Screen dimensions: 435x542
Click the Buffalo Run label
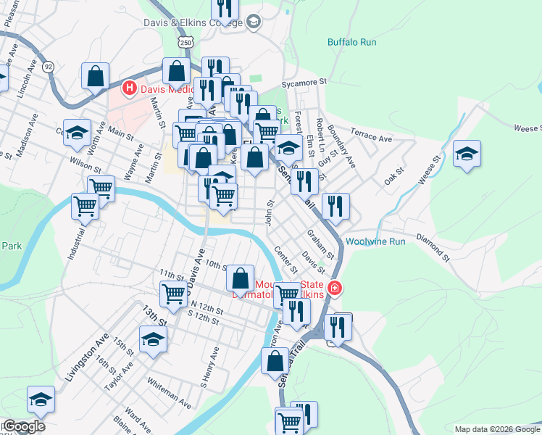tap(352, 42)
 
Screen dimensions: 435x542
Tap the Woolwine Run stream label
tap(375, 241)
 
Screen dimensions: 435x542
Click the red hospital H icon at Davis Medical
tap(130, 88)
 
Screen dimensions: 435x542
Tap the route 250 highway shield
tap(187, 43)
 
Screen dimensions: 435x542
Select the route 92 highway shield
tap(49, 67)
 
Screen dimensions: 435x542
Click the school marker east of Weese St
tap(467, 153)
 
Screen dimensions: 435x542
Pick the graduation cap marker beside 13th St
tap(153, 339)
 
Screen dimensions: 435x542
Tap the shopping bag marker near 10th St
tap(240, 278)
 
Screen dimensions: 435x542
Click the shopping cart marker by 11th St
tap(174, 294)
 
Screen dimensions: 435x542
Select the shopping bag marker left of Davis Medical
tap(96, 75)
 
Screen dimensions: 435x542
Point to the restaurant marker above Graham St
tap(335, 206)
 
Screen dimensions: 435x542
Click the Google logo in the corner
tap(23, 426)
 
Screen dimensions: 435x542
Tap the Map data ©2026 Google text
tap(496, 429)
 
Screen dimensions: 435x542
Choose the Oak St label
tap(394, 175)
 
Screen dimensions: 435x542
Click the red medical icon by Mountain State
tap(335, 289)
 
